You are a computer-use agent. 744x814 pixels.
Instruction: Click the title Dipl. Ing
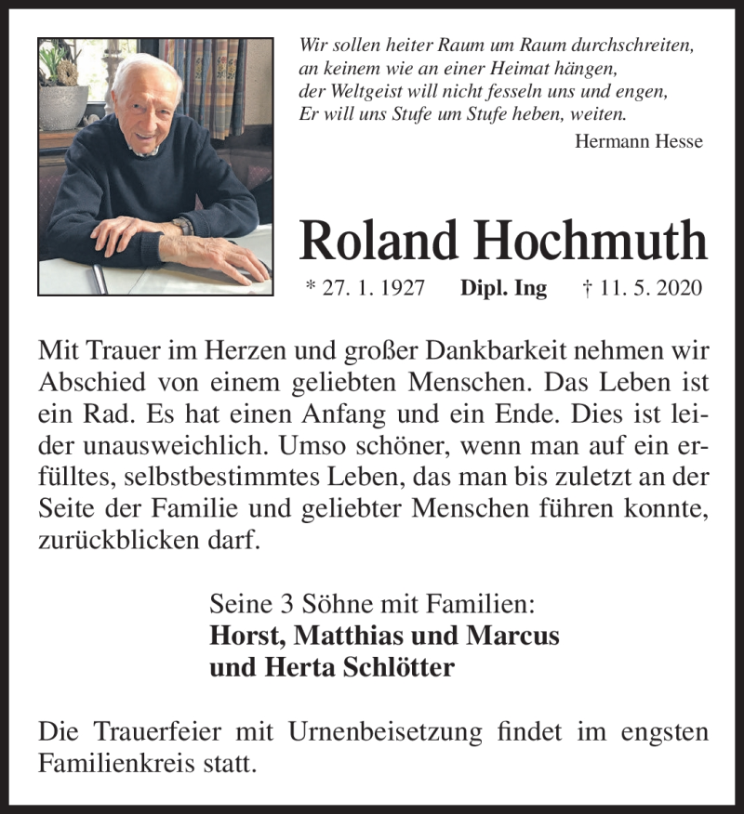click(x=503, y=288)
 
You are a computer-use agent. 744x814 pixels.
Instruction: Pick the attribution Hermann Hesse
click(x=639, y=141)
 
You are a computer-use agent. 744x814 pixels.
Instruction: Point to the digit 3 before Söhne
click(x=284, y=605)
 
